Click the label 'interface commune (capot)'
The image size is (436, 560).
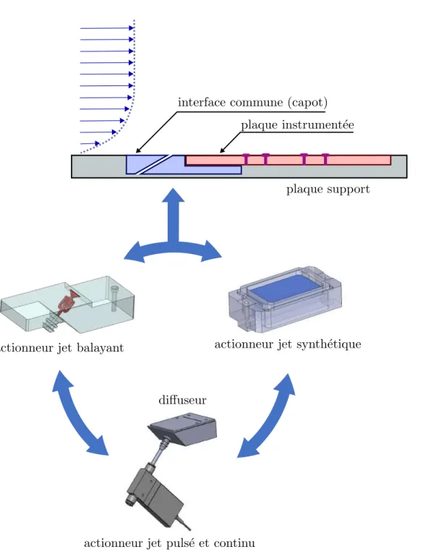tap(252, 103)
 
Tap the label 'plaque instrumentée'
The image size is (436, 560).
tap(298, 124)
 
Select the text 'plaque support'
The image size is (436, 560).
tap(328, 189)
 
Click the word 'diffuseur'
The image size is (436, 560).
tap(182, 399)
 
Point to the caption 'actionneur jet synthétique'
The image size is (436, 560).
tap(288, 344)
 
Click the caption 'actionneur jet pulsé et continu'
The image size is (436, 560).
tap(169, 543)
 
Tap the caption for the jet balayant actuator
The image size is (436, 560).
tap(61, 348)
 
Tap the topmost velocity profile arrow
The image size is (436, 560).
tap(107, 28)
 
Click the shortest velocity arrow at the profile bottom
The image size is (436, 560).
tap(90, 143)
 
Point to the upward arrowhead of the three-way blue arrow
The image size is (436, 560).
tap(173, 195)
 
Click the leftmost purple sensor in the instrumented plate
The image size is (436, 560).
tap(246, 158)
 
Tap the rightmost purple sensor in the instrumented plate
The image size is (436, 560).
tap(325, 158)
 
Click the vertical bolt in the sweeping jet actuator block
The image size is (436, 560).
tap(114, 299)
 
